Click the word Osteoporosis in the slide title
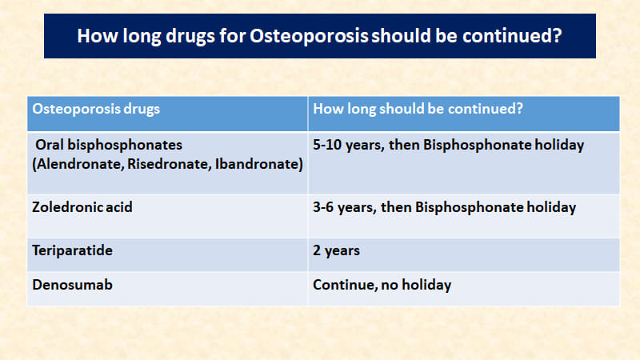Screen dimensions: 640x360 coord(309,36)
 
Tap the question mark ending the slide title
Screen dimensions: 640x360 coord(558,35)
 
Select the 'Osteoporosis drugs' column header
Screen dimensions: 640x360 coord(96,109)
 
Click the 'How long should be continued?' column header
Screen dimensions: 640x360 coord(418,109)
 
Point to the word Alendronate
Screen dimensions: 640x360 coord(78,164)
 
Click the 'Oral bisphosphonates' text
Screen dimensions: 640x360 coord(109,145)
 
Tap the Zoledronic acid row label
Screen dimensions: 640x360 coord(82,207)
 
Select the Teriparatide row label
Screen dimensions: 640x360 coord(72,250)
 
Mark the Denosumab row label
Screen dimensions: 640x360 coord(72,285)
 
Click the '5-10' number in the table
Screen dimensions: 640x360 coord(327,145)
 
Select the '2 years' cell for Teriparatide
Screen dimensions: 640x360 coord(336,250)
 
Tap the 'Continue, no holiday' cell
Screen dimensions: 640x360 coord(382,285)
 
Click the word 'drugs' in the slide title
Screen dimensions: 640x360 coord(190,36)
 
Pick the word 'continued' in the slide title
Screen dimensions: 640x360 coord(507,36)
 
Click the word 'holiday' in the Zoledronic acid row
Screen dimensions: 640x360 coord(551,207)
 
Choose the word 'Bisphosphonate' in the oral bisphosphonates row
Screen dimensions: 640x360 coord(477,145)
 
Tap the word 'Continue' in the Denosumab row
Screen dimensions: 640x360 coord(344,285)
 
